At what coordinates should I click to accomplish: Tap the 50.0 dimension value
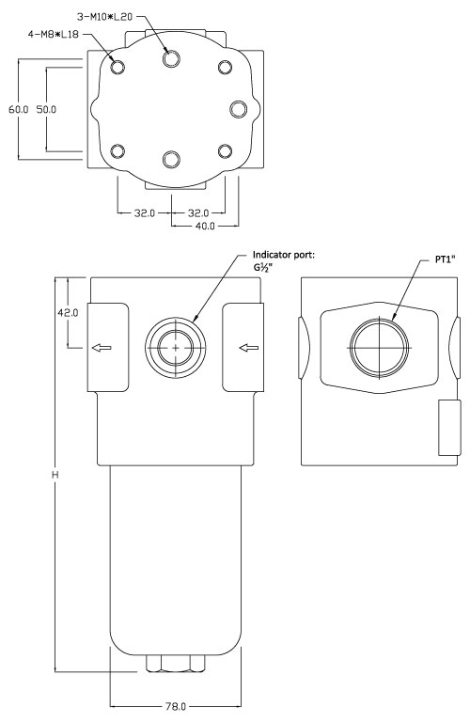(x=47, y=109)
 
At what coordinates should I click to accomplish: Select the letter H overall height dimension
(x=55, y=476)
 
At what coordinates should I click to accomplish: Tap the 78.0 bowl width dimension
(x=177, y=704)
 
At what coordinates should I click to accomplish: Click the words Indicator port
(x=289, y=255)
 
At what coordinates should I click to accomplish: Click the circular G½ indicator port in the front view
(x=176, y=348)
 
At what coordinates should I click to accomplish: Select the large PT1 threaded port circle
(x=379, y=348)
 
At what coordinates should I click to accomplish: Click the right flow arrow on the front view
(x=249, y=349)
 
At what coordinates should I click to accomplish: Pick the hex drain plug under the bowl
(x=176, y=665)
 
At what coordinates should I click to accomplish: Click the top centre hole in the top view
(x=170, y=58)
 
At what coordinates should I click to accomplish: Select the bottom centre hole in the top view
(x=170, y=159)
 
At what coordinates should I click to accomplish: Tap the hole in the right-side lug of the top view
(x=239, y=107)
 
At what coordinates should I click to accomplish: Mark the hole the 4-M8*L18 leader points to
(x=117, y=67)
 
